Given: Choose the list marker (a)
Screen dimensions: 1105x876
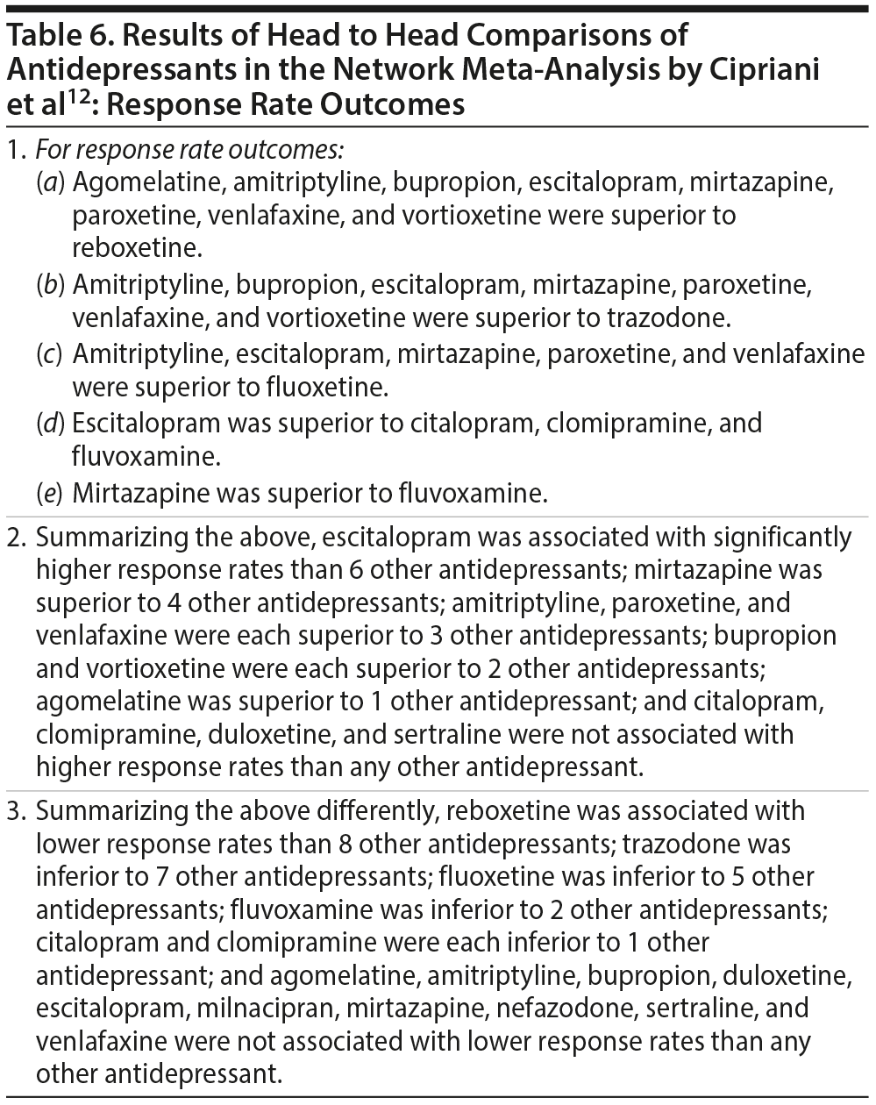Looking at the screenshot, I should pos(51,182).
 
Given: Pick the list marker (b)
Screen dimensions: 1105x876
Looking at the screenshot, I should pos(51,285).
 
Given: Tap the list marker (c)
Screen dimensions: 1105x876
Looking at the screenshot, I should pos(50,353).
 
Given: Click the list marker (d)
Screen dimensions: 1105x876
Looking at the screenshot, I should pos(51,423).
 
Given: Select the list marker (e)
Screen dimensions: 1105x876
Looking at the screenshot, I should pos(50,493).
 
